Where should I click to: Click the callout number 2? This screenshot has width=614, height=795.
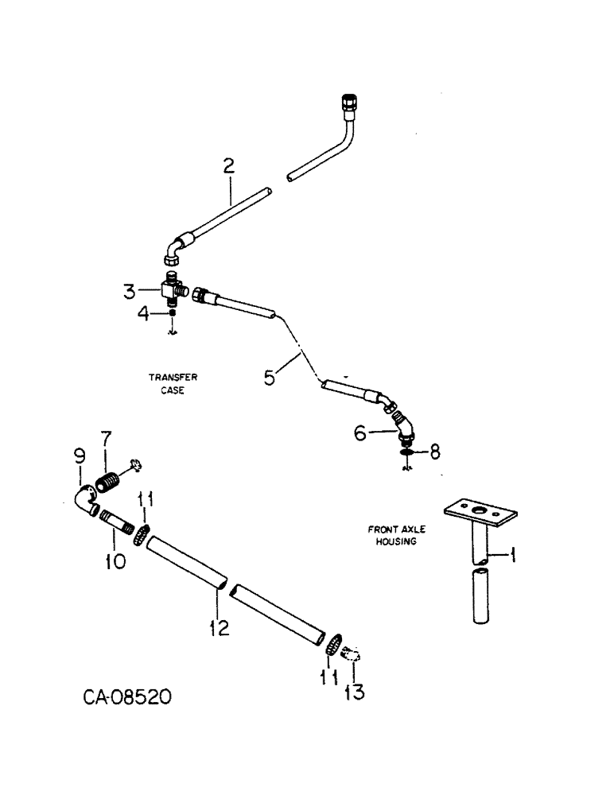(x=228, y=167)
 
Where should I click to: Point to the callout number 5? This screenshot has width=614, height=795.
(x=270, y=376)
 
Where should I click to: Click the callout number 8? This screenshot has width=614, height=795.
(x=434, y=452)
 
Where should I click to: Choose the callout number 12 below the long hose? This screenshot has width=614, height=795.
(x=219, y=629)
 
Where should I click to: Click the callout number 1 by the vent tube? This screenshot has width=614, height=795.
(x=512, y=556)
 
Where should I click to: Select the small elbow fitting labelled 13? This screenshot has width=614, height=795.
(x=352, y=657)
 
